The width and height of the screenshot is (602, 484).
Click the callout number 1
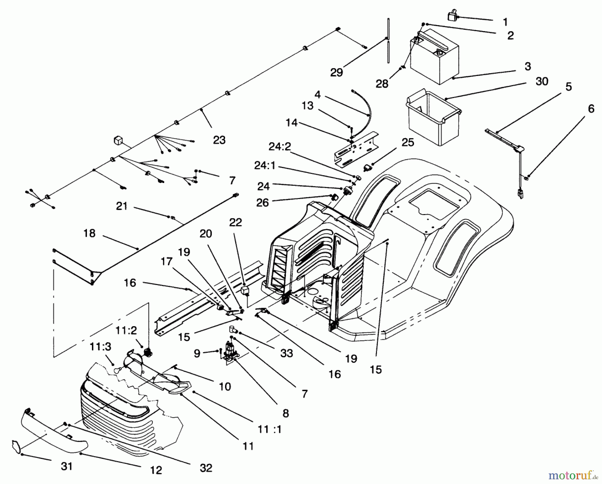click(505, 22)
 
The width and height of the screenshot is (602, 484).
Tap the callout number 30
click(542, 81)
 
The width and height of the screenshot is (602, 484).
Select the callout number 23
click(219, 140)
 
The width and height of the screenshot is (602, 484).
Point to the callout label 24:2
click(280, 147)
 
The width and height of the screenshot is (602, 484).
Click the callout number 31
click(67, 466)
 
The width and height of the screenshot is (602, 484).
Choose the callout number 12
click(156, 470)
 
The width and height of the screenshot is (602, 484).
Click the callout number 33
click(287, 353)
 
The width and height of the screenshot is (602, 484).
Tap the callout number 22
click(235, 222)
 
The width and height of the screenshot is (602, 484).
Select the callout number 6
click(591, 109)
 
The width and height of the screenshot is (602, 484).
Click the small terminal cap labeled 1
click(453, 15)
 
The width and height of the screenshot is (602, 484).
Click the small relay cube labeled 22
click(246, 290)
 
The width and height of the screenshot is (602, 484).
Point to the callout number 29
click(336, 72)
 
